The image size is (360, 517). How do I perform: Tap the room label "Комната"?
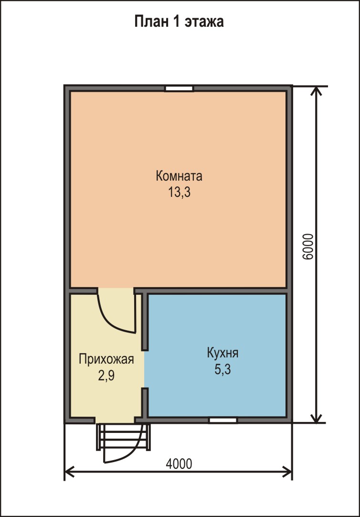click(179, 176)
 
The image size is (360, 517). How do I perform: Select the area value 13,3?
click(180, 192)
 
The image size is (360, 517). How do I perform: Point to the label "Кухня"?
click(222, 354)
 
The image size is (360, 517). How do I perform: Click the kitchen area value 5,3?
click(223, 369)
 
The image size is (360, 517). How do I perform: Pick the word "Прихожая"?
click(106, 359)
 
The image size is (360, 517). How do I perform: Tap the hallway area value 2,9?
click(106, 375)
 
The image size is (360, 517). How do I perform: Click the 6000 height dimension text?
click(307, 247)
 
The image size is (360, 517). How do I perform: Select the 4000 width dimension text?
click(179, 464)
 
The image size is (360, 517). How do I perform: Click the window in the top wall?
click(179, 88)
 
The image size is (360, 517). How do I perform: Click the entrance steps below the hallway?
click(124, 437)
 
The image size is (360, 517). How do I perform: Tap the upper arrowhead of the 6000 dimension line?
click(317, 91)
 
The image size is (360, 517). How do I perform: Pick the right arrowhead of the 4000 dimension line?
click(287, 472)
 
